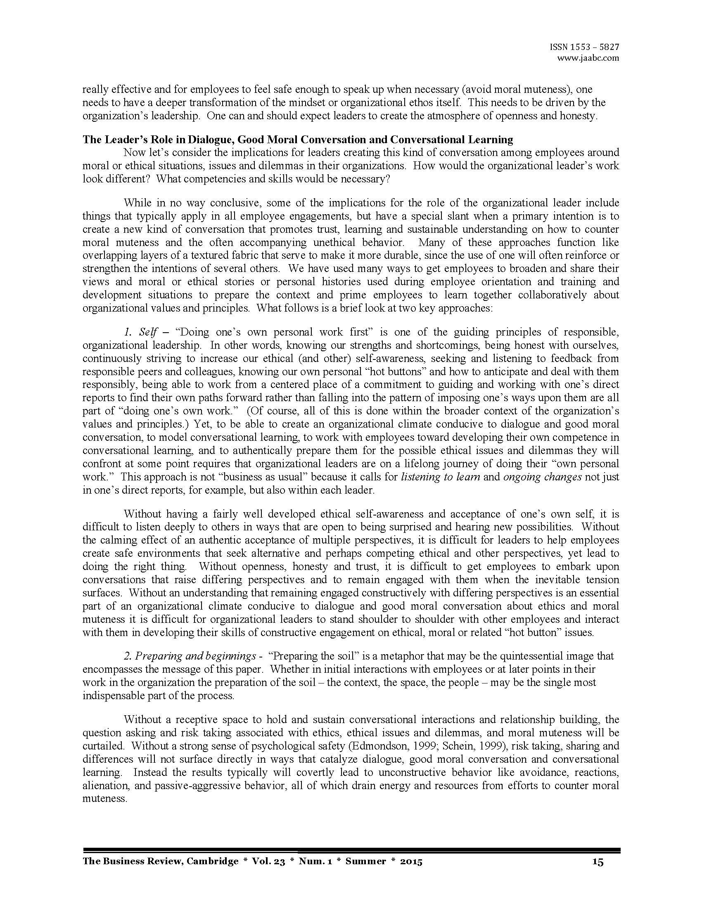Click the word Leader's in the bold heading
(x=121, y=139)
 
